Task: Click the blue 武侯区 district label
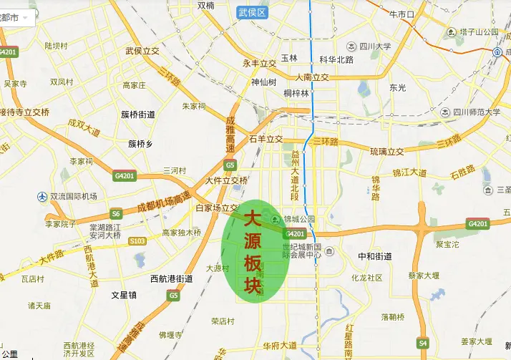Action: point(252,13)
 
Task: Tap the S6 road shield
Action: point(116,213)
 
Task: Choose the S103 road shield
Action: point(137,241)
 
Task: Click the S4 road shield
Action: point(424,344)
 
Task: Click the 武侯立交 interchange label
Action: point(142,51)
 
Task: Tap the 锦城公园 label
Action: point(299,219)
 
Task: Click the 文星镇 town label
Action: point(124,294)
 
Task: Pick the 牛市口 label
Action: point(401,14)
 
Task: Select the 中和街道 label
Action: point(374,256)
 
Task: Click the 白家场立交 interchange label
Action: point(217,208)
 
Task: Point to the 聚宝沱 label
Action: point(448,244)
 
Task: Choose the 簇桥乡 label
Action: point(140,143)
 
